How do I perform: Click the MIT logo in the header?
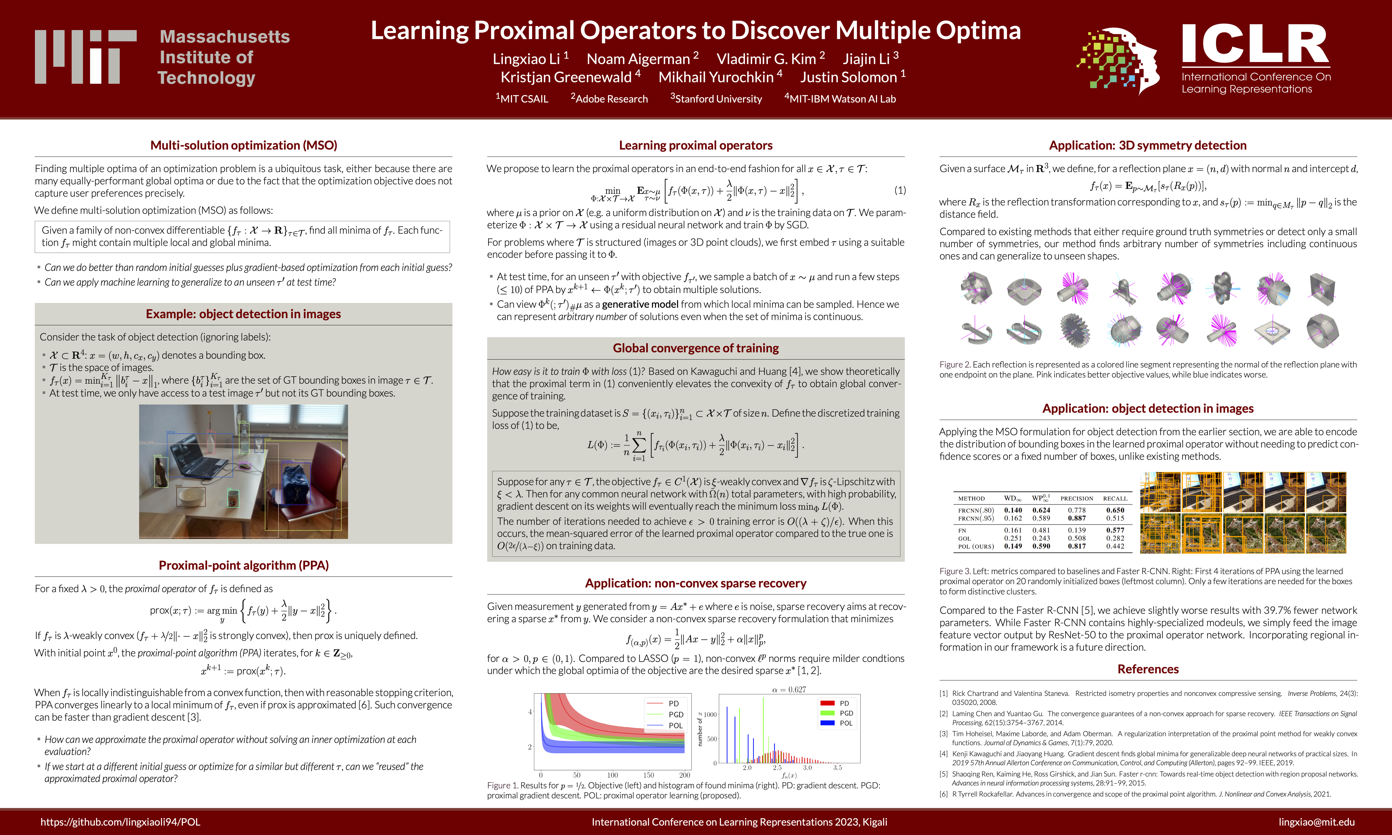[86, 57]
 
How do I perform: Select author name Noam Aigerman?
[638, 59]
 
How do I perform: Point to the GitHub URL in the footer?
[120, 822]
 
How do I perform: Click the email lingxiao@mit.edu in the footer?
[1316, 822]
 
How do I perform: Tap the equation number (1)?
[900, 190]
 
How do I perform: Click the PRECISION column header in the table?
[1076, 498]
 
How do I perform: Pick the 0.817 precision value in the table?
[1076, 546]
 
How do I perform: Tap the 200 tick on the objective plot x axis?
[684, 775]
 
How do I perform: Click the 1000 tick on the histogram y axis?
[710, 715]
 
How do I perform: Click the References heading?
[1148, 669]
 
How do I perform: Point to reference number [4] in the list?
[943, 754]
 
